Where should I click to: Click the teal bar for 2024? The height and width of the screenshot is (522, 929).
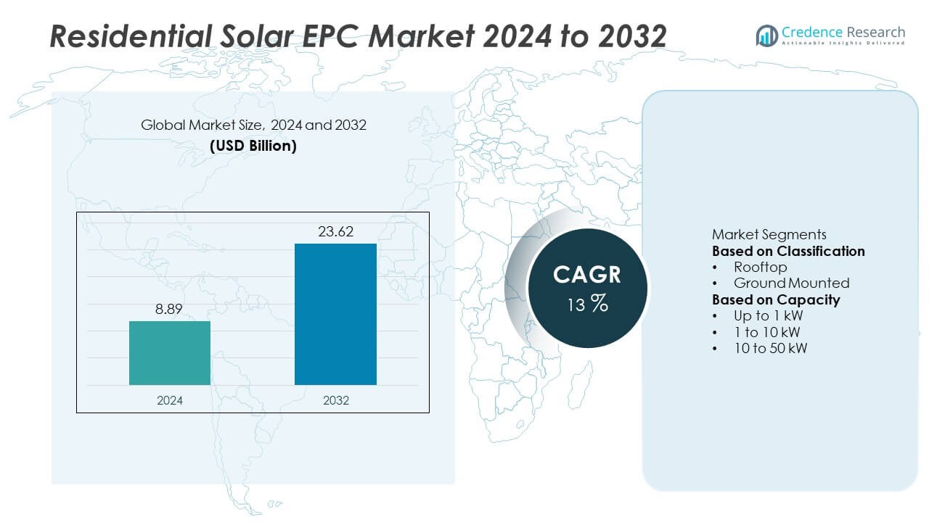170,352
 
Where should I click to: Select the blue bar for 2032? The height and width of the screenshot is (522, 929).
335,314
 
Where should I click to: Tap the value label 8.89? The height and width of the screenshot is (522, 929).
170,310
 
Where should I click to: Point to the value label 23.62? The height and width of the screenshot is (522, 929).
335,232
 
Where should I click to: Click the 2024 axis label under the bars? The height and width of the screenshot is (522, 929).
170,400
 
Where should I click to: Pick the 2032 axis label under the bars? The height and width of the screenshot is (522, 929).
335,400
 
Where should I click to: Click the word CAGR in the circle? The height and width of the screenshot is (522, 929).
586,275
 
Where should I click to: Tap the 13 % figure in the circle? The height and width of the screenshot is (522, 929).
586,304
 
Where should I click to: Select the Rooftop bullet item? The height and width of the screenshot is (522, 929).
760,267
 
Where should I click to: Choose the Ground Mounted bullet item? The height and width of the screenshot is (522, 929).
791,283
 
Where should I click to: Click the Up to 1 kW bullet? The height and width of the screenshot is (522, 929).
768,315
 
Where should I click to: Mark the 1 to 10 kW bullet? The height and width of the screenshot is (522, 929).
766,332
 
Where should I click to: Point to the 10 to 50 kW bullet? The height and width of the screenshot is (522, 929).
770,348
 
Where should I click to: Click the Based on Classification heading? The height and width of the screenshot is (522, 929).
788,251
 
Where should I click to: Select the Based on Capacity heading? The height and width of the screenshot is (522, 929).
776,299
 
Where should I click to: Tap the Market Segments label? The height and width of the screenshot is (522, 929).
769,234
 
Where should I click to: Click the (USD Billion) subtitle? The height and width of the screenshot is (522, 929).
253,145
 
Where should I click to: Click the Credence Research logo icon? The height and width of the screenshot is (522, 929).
766,35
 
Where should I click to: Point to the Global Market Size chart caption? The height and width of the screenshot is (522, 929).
253,125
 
